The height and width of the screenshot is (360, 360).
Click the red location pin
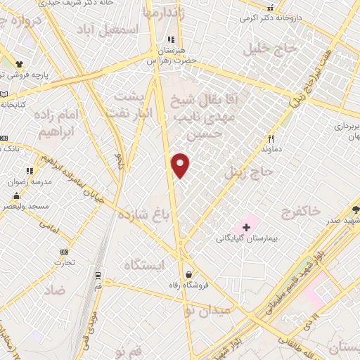[x=181, y=165]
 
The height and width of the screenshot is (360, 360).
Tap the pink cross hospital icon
[x=246, y=227]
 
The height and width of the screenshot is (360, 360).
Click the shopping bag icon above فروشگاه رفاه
[x=188, y=275]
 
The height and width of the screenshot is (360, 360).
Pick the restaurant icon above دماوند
[x=271, y=139]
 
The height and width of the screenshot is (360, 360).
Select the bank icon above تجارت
[x=65, y=252]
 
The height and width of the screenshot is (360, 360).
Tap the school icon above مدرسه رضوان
[x=30, y=170]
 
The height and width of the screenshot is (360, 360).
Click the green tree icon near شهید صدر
[x=355, y=210]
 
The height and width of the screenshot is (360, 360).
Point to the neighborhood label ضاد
[x=53, y=289]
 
